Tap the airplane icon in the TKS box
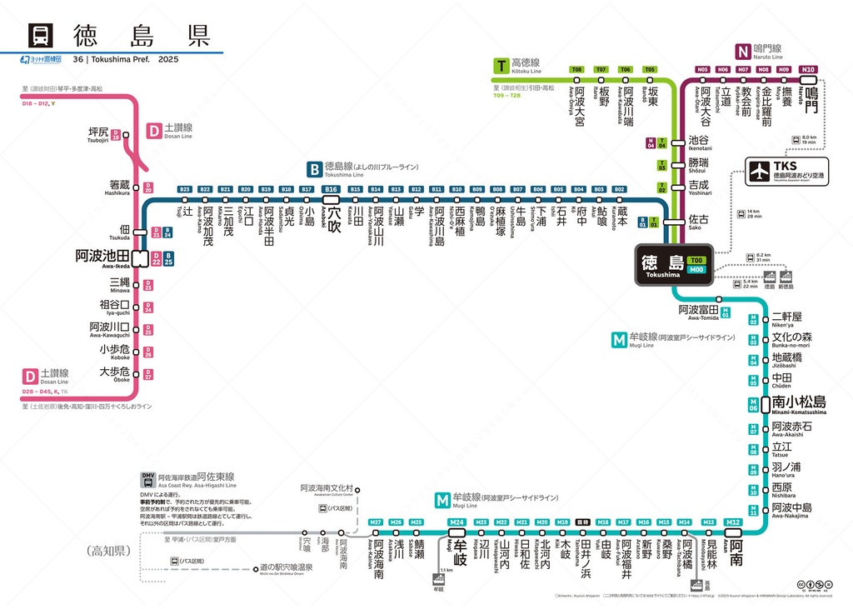759,171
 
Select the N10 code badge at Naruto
806,69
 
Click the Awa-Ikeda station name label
102,257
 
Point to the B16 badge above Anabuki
332,190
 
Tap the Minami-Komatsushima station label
798,403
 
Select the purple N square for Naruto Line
742,50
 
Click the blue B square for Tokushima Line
314,168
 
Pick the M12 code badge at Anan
733,523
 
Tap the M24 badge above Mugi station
456,523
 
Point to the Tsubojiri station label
98,134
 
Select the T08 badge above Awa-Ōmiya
576,69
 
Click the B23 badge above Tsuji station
185,190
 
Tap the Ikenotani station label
700,143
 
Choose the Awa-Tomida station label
698,312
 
